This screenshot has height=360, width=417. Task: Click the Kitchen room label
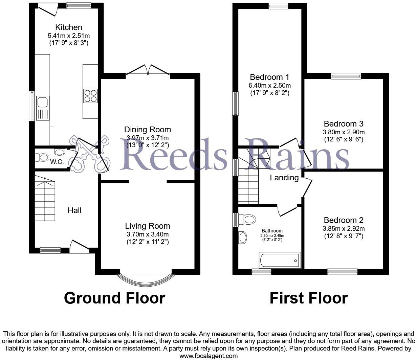point(69,27)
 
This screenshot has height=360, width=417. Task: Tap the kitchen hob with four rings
point(90,95)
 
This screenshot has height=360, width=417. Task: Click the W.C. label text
point(57,162)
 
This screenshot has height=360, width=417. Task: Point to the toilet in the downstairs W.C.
point(43,157)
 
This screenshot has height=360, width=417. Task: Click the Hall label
point(74,210)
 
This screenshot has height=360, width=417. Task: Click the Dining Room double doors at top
point(148,70)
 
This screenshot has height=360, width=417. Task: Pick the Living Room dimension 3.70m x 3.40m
point(147,234)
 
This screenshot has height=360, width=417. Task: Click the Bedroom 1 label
point(269,77)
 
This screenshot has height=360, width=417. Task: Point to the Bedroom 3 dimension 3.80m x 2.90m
point(344,132)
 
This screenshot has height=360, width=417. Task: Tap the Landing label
point(284,178)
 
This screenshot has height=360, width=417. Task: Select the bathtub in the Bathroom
point(280,261)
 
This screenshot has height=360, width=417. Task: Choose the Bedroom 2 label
point(343,220)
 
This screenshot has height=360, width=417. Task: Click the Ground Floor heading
point(114,298)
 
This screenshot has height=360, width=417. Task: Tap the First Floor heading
point(309,298)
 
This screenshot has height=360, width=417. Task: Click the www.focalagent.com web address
point(208,356)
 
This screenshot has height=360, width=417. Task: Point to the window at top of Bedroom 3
point(346,76)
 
